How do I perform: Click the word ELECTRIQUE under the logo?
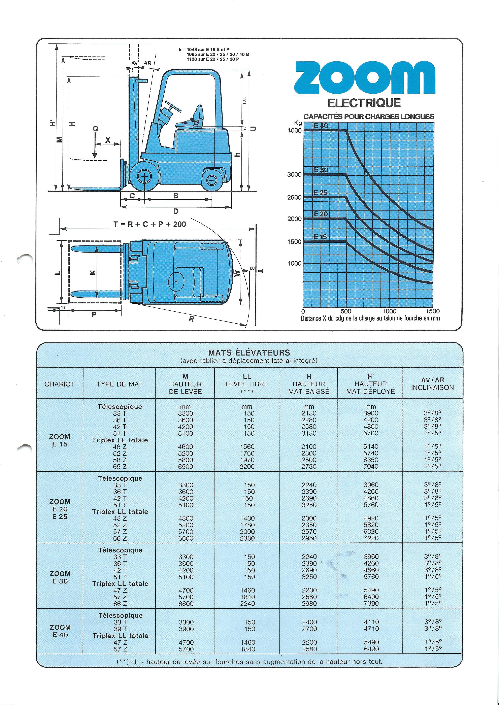pyautogui.click(x=364, y=103)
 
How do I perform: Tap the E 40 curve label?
pyautogui.click(x=321, y=126)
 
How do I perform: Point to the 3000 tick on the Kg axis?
pyautogui.click(x=294, y=174)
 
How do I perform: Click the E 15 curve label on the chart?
pyautogui.click(x=321, y=237)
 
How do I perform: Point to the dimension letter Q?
pyautogui.click(x=96, y=129)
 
